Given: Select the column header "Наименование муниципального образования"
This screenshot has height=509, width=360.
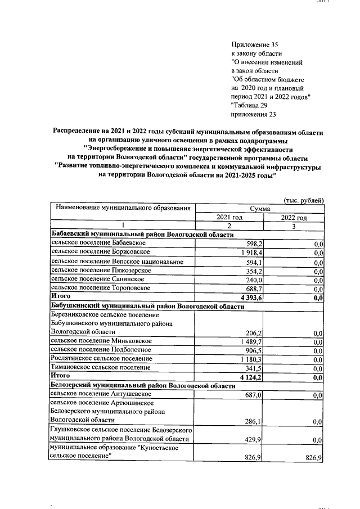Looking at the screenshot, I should [x=121, y=208].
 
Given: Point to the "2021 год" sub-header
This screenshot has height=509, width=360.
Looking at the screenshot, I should [x=229, y=218].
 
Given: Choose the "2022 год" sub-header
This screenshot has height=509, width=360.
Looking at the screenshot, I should [x=294, y=218].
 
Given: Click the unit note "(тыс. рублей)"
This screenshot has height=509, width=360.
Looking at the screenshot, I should [x=303, y=199].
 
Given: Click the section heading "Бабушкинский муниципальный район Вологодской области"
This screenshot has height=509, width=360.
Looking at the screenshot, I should [x=147, y=307].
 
